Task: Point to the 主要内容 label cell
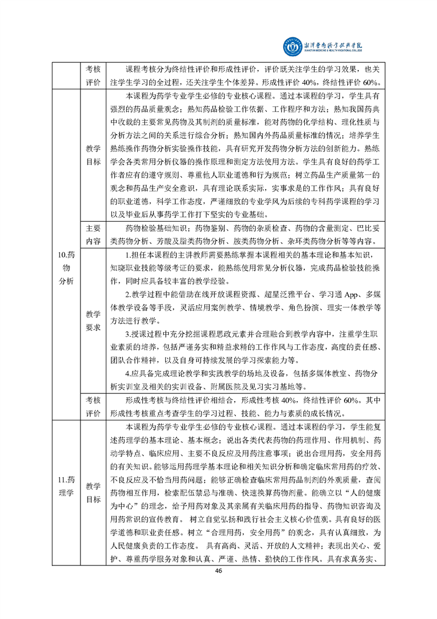93,234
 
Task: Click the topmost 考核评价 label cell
93,76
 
